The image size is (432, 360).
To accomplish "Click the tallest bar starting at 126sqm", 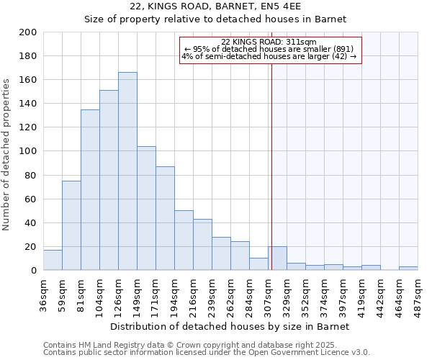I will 127,171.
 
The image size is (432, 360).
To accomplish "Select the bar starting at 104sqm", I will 109,180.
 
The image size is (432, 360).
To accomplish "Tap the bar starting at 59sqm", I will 71,225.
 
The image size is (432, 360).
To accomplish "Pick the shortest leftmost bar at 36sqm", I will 53,260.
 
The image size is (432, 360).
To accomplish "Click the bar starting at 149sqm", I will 146,208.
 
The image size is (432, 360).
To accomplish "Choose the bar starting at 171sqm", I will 165,218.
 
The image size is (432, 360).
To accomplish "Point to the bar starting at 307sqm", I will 278,258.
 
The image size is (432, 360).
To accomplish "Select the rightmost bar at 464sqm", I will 408,269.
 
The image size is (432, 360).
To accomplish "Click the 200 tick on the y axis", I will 29,32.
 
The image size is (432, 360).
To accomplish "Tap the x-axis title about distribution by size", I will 230,326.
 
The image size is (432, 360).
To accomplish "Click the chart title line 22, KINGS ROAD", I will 215,6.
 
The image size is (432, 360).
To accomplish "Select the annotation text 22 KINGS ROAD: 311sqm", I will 269,42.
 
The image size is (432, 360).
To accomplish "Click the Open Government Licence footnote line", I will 207,352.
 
